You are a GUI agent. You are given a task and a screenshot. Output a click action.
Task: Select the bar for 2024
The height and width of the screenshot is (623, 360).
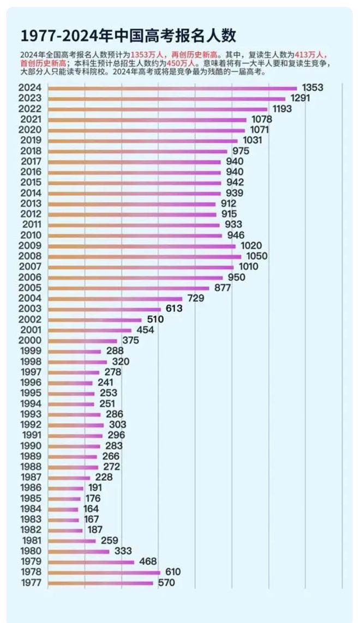[172, 88]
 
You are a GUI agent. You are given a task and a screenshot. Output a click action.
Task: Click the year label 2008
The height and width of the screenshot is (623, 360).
[31, 256]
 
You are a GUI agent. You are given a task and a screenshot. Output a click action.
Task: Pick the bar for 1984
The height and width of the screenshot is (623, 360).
[63, 509]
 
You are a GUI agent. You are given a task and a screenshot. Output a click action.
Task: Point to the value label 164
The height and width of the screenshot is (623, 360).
[91, 509]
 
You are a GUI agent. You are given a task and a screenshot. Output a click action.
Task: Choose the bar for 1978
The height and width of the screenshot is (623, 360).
[104, 572]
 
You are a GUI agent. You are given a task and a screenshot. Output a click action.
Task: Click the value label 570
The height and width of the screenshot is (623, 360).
[166, 582]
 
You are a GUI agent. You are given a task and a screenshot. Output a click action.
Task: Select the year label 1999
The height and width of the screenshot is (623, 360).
[31, 351]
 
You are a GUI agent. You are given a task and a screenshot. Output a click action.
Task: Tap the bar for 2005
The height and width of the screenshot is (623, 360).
[129, 288]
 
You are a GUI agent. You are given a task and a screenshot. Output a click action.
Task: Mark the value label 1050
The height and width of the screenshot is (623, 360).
[257, 256]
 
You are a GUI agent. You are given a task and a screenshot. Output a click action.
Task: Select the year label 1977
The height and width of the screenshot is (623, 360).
[31, 582]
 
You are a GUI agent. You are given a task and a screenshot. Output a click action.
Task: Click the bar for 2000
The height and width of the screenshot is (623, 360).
[82, 340]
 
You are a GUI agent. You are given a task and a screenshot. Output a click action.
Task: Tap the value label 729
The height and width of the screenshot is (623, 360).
[195, 298]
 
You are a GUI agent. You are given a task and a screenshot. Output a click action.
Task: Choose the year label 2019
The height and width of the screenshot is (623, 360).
[31, 140]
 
